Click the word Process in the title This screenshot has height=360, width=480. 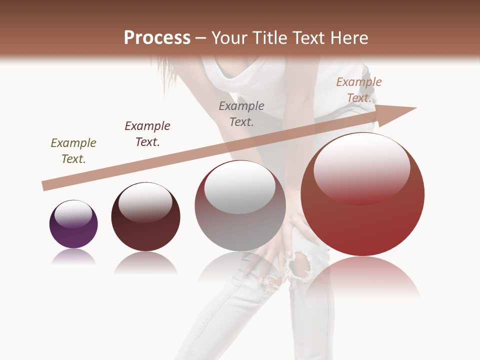point(157,38)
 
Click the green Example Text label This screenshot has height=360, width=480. point(73,151)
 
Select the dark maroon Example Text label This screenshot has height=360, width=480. point(147,134)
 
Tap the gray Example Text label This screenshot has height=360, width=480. point(241,113)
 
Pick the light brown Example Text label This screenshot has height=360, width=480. point(358,90)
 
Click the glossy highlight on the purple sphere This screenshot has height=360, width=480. point(73,214)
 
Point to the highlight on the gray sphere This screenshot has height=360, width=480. point(240,187)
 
